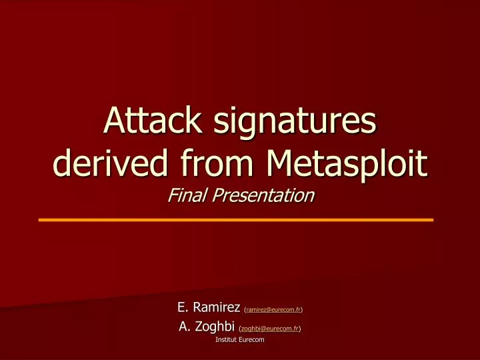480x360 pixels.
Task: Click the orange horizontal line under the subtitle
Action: (236, 219)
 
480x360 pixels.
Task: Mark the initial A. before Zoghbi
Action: (185, 327)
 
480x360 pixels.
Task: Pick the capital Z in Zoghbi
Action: (200, 327)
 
